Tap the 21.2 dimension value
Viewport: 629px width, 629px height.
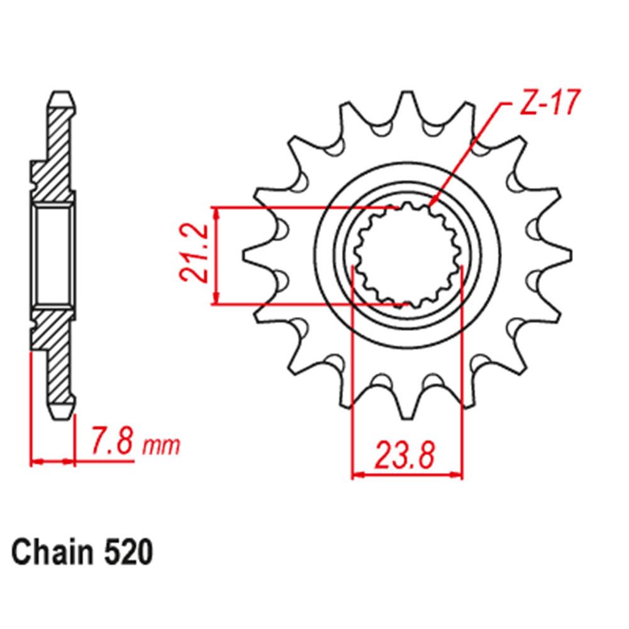coord(192,256)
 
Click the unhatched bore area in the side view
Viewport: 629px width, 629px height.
coord(52,256)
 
